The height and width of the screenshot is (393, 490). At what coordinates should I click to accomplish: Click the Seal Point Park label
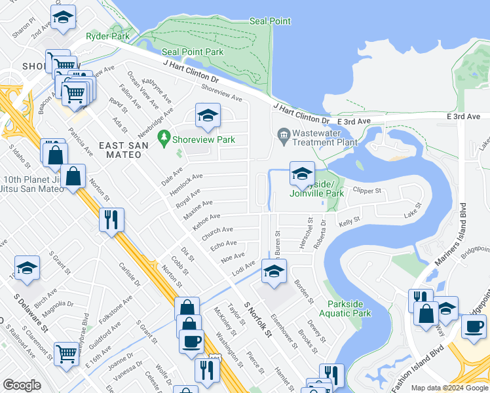(193, 52)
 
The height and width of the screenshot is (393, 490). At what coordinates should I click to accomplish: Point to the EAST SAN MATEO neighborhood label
(120, 149)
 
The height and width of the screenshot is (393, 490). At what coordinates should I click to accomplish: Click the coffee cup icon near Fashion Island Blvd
(473, 326)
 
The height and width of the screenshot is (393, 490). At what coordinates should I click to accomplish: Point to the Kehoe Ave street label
(206, 220)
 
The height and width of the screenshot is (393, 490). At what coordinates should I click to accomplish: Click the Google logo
(22, 385)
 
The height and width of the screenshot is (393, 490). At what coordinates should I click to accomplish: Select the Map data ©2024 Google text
(449, 388)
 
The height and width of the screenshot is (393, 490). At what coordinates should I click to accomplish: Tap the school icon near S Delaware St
(27, 268)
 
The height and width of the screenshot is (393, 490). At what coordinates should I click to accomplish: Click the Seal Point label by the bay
(270, 22)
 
